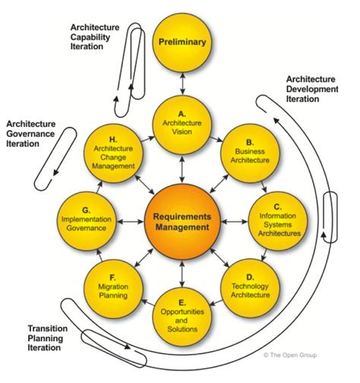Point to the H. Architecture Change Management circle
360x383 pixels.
point(114,151)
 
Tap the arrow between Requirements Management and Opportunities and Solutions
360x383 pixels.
point(181,268)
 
